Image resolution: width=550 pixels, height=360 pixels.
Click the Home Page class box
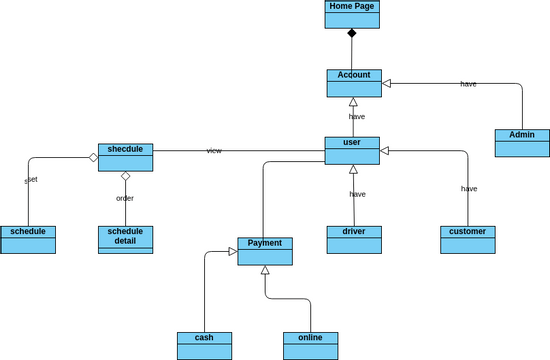click(x=352, y=14)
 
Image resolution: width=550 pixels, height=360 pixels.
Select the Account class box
click(x=354, y=83)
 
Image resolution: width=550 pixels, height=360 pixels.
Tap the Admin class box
click(x=522, y=143)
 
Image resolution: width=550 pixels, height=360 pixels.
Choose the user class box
click(x=352, y=150)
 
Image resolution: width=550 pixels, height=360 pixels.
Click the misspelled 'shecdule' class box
click(x=125, y=157)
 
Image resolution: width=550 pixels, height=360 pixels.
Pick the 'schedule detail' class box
click(x=125, y=239)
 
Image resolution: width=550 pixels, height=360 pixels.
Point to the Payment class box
click(x=265, y=251)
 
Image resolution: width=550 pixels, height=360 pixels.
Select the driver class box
click(x=354, y=239)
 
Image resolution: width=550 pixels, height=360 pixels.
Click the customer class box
click(x=468, y=239)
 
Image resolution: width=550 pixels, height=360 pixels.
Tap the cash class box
click(x=204, y=345)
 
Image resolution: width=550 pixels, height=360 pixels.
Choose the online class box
click(x=310, y=345)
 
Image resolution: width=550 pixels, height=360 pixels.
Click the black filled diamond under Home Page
click(x=352, y=34)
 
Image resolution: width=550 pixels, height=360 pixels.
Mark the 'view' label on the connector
click(x=214, y=151)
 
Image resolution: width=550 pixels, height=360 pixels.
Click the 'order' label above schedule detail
click(x=125, y=198)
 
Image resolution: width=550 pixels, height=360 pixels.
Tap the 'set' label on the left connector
click(x=31, y=180)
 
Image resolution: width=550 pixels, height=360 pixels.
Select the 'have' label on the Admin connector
click(x=468, y=84)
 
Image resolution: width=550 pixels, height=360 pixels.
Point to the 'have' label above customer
click(x=469, y=188)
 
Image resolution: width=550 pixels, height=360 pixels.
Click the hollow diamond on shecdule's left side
click(x=92, y=157)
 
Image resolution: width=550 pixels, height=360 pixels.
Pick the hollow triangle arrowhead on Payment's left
click(x=232, y=251)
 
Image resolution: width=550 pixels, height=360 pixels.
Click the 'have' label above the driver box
click(x=357, y=194)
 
